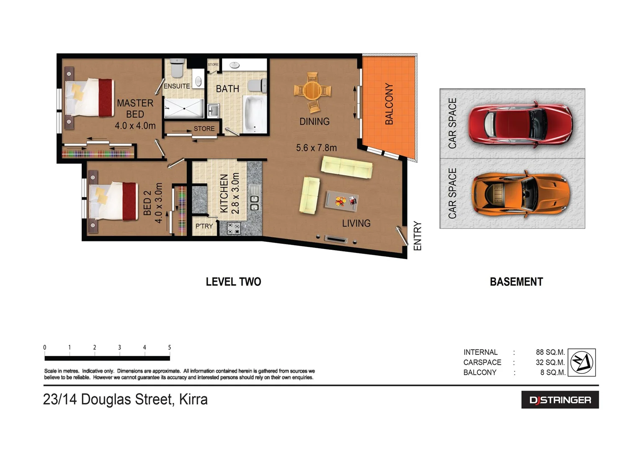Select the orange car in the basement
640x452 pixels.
pyautogui.click(x=521, y=194)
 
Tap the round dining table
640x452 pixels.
pyautogui.click(x=312, y=90)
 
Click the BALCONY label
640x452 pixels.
pyautogui.click(x=389, y=104)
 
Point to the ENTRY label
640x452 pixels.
pyautogui.click(x=417, y=236)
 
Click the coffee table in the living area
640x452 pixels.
pyautogui.click(x=341, y=201)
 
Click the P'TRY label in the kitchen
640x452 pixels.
pyautogui.click(x=204, y=226)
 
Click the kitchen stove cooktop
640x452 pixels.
pyautogui.click(x=233, y=228)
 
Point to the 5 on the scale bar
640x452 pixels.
pyautogui.click(x=169, y=347)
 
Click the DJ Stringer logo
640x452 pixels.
pyautogui.click(x=560, y=400)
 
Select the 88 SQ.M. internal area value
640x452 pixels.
pyautogui.click(x=550, y=352)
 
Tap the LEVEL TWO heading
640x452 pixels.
pyautogui.click(x=233, y=282)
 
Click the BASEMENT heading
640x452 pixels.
pyautogui.click(x=516, y=282)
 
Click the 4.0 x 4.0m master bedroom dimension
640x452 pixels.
pyautogui.click(x=135, y=126)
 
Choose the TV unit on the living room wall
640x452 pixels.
pyautogui.click(x=336, y=240)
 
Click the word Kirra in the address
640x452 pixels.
pyautogui.click(x=193, y=399)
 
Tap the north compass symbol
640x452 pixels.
pyautogui.click(x=582, y=362)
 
